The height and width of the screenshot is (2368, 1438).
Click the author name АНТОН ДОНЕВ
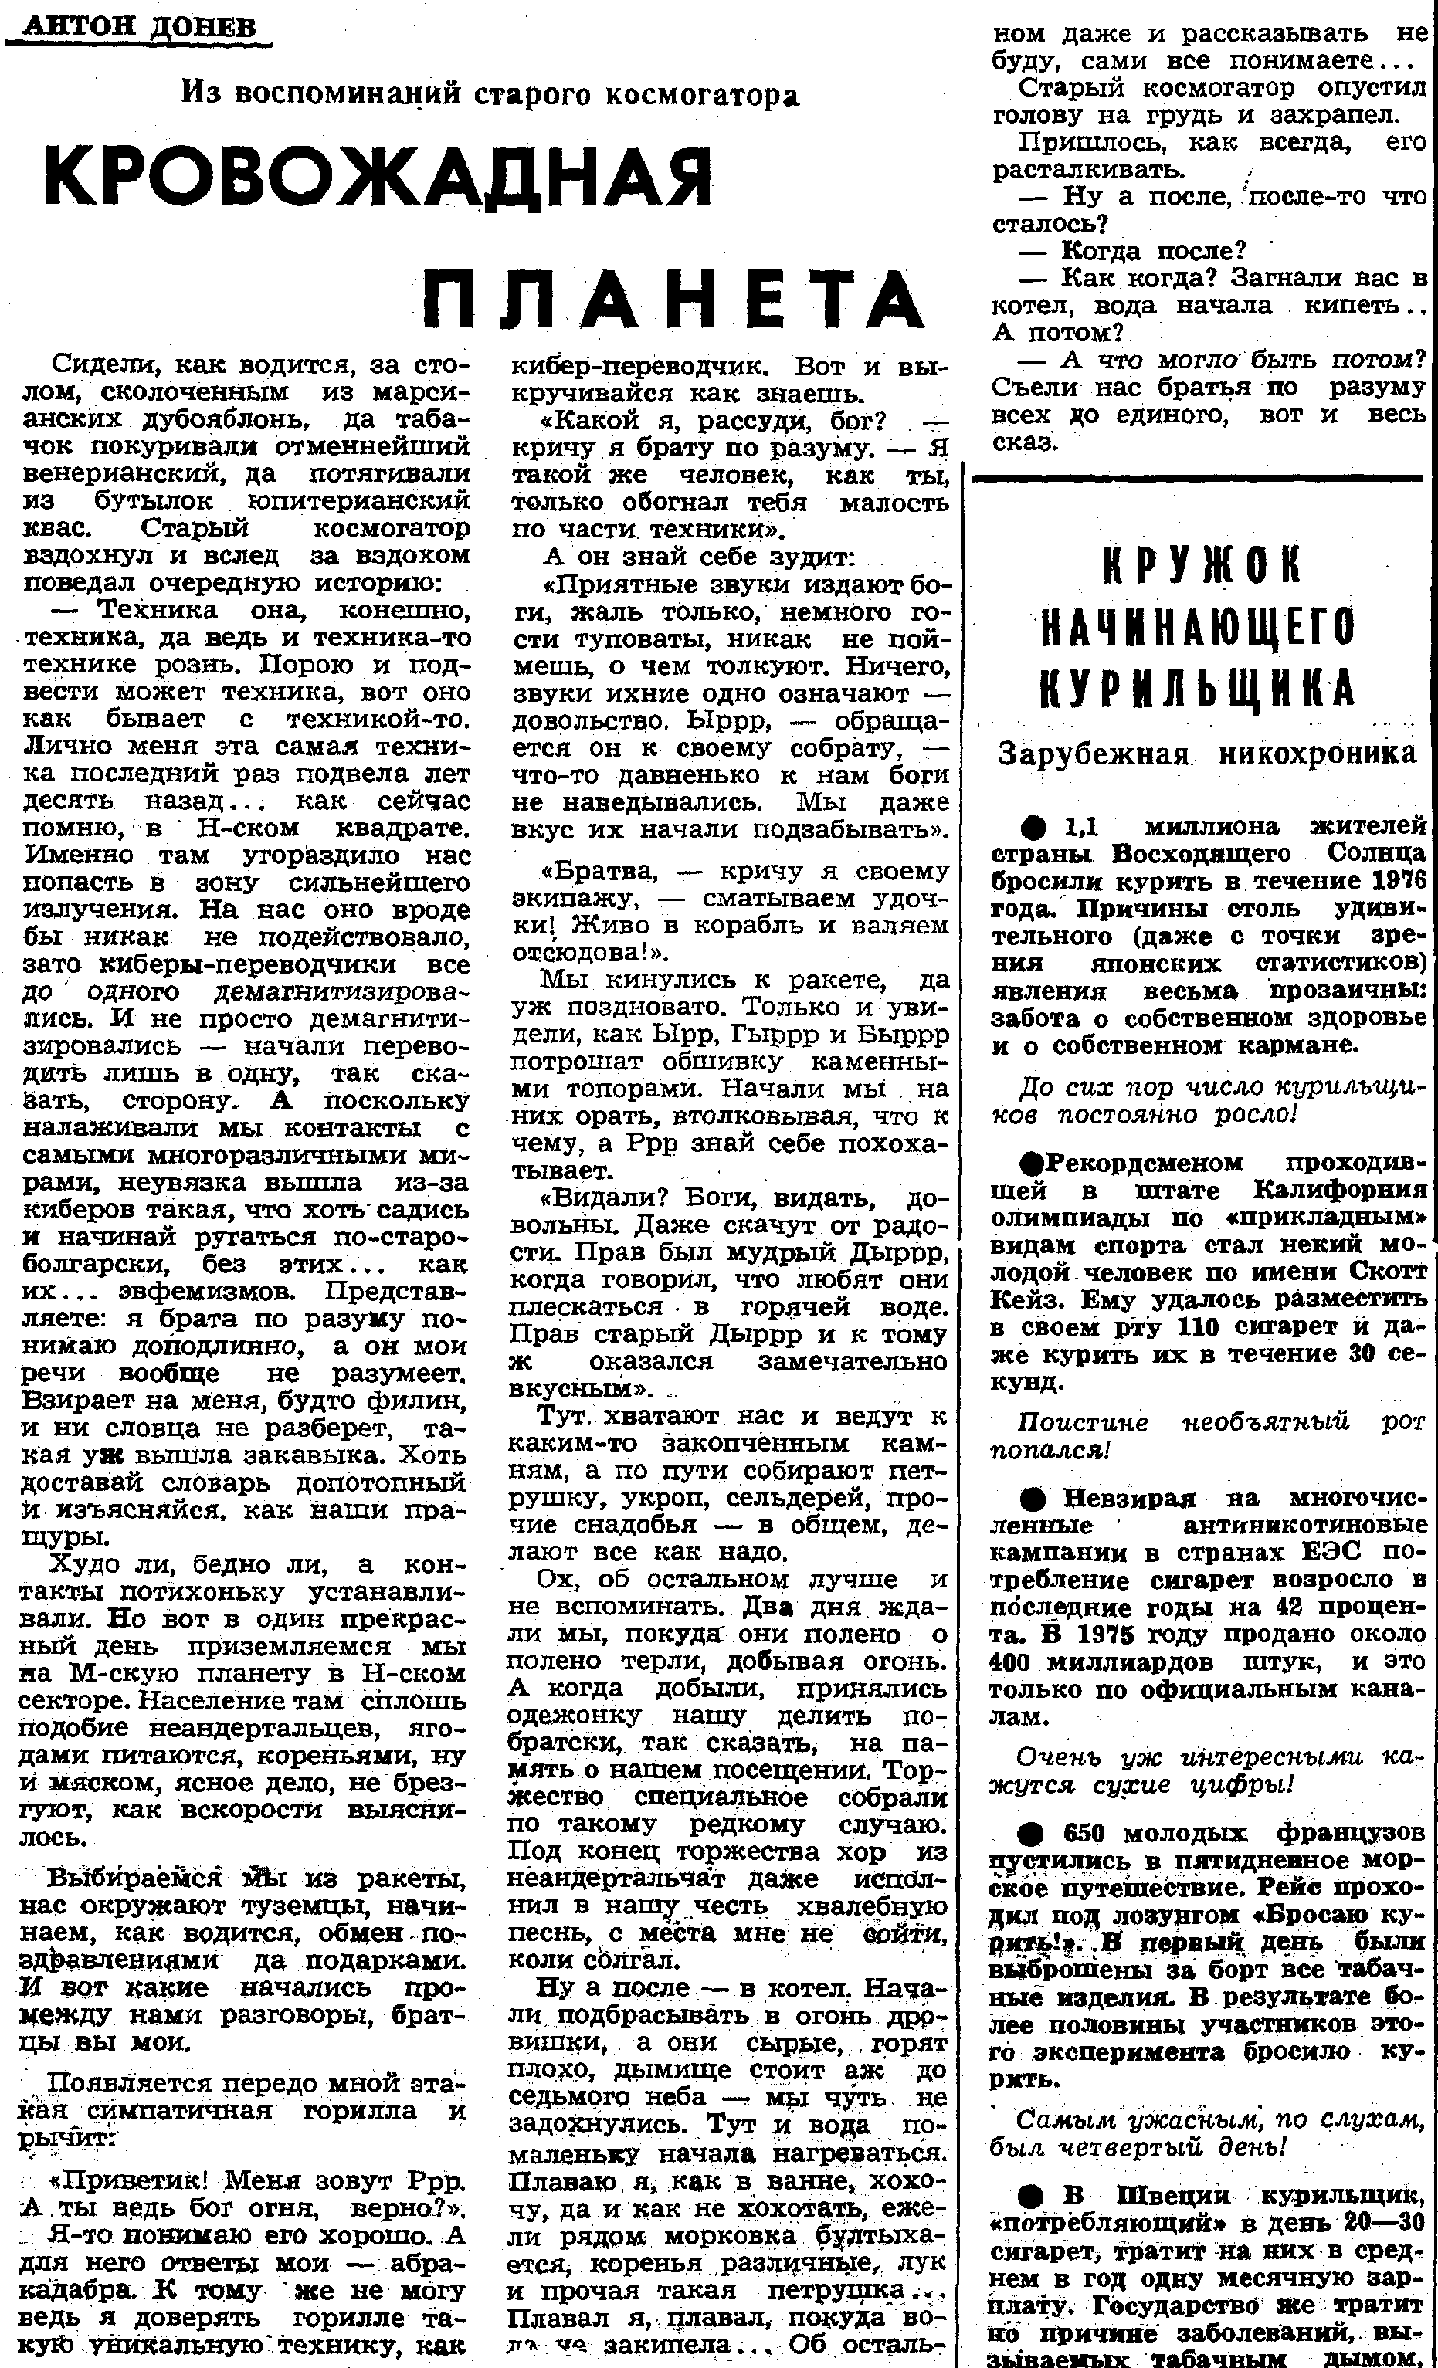139,26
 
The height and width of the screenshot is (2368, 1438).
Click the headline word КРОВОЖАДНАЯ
377,179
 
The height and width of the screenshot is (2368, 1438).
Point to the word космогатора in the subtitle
703,94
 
